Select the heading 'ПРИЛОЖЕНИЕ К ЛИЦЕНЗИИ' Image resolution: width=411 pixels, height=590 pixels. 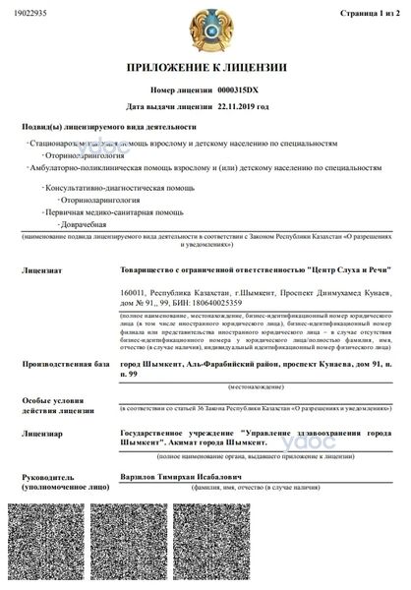coord(205,68)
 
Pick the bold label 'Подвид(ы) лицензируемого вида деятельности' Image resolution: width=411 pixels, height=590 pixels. coord(109,127)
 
